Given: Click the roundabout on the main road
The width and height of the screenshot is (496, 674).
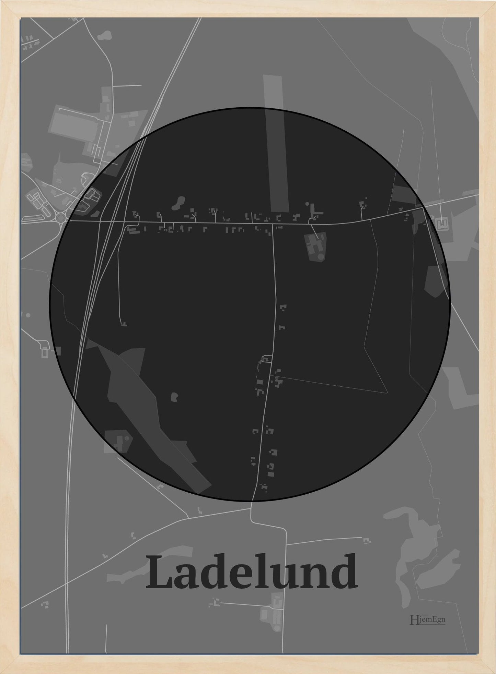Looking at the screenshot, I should pos(61,217).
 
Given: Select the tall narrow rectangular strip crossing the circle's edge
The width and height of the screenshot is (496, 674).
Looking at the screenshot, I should pos(275,144).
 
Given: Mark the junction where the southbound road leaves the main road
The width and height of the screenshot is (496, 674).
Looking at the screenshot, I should pos(273,224).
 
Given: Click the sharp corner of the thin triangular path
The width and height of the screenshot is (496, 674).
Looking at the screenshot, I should pos(387,393).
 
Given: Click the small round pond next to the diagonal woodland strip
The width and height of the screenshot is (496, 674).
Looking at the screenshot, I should pos(175,397).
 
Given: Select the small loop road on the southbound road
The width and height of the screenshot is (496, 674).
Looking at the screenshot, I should pos(267,359).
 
